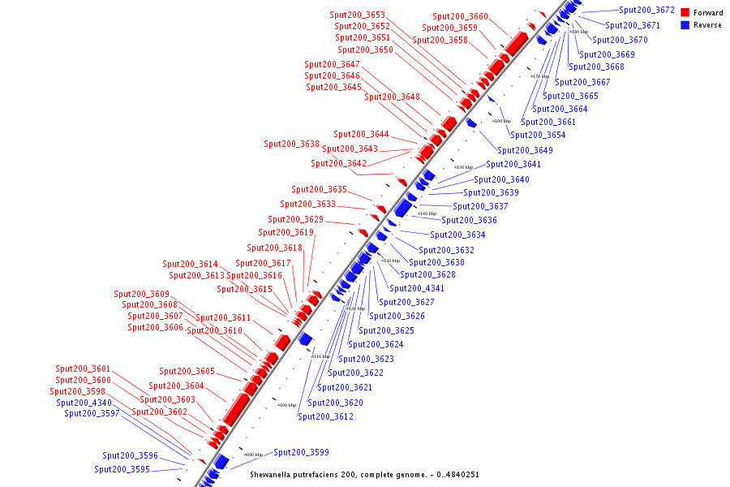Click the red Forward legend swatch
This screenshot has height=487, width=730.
pos(685,13)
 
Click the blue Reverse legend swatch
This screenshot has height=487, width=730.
pos(685,25)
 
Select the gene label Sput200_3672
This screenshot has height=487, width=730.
pos(646,11)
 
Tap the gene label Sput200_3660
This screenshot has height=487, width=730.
pos(460,16)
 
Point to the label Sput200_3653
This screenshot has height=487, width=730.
pos(358,15)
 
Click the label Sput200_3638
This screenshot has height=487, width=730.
pos(291,144)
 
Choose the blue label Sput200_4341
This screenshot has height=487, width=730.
pos(417,288)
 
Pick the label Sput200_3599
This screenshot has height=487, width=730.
pos(301,452)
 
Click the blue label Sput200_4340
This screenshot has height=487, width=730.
pos(84,403)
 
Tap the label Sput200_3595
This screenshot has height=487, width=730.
pos(122,469)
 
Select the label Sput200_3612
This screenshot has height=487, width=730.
pos(325,416)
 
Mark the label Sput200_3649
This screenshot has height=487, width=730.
pos(525,150)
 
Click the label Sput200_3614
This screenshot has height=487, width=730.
pos(190,264)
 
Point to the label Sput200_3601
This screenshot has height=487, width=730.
pos(83,368)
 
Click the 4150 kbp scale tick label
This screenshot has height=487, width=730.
pos(463,167)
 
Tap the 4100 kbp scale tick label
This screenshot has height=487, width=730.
pos(286,405)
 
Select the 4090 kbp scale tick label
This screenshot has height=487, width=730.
pos(253,455)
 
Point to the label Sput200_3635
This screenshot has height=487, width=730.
pos(319,189)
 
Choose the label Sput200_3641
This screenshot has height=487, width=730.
pos(513,164)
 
